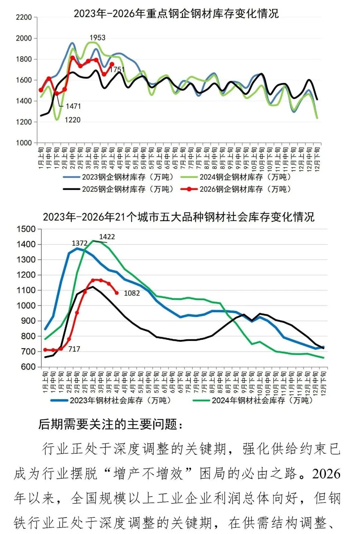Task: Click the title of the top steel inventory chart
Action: point(176,14)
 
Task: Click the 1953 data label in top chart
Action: point(97,38)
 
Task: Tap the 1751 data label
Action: point(117,69)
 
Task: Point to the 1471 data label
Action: point(73,106)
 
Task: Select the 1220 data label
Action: point(72,120)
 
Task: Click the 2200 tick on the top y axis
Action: point(24,17)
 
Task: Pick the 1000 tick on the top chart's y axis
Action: point(24,143)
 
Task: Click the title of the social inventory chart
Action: point(179,217)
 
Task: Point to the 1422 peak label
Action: point(107,237)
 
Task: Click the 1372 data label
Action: point(80,244)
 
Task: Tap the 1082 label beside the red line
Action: point(132,293)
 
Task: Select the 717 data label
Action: point(74,349)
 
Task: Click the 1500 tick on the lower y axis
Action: point(26,229)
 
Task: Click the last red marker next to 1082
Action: point(117,293)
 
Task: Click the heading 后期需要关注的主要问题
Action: point(111,424)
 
